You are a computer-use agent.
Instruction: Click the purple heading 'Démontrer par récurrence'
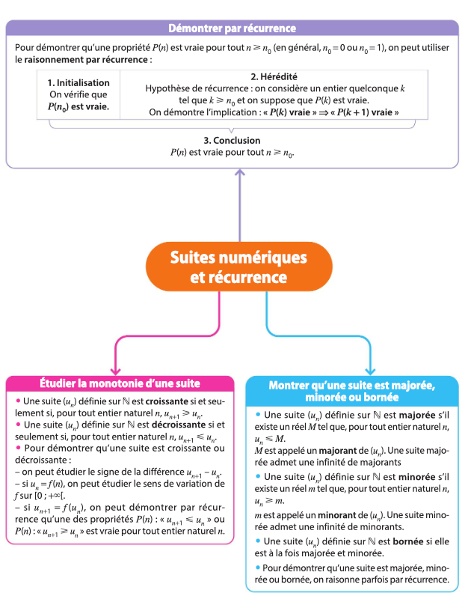pos(232,28)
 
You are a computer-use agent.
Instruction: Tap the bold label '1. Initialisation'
pos(78,83)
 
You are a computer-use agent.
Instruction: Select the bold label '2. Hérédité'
pos(274,76)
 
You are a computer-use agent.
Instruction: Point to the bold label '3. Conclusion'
pos(232,141)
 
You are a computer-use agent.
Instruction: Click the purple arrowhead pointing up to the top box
pos(240,174)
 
